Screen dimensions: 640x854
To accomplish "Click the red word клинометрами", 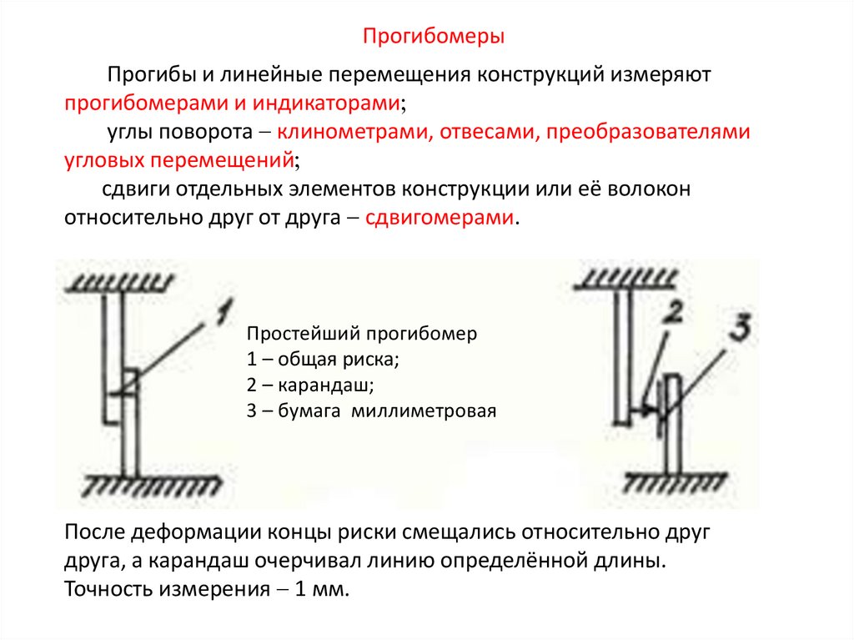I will (350, 132).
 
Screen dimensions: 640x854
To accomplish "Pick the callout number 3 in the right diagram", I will (737, 328).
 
